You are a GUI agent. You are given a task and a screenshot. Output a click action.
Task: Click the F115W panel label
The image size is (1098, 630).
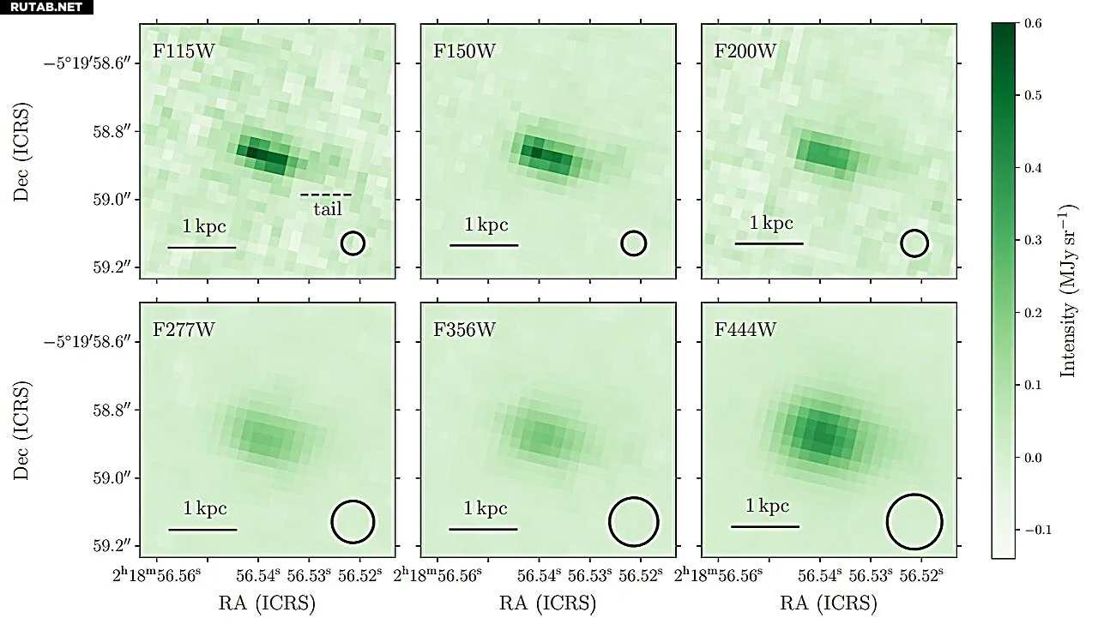pos(184,50)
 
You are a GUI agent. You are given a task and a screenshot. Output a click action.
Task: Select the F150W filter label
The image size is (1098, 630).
pos(464,50)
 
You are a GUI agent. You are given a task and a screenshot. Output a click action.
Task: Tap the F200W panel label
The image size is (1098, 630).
pos(745,50)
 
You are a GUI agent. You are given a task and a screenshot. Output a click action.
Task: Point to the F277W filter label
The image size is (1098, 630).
pos(184,330)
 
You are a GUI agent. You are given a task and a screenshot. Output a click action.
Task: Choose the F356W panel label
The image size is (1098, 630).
pos(464,330)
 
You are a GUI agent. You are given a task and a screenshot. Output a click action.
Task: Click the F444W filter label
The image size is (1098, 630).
pos(745,330)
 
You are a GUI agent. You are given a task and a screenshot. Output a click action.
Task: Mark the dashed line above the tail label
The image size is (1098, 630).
pos(326,195)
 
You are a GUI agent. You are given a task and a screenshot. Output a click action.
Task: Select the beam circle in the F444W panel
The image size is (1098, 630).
pos(914,521)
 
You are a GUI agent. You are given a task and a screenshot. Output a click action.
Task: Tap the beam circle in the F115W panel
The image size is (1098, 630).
pos(353,243)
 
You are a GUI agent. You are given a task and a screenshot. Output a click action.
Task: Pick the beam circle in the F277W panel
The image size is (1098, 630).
pos(353,522)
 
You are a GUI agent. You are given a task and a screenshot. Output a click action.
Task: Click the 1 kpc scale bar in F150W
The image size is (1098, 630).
pos(484,246)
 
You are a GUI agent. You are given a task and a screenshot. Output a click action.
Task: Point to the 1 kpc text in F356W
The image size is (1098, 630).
pos(486,508)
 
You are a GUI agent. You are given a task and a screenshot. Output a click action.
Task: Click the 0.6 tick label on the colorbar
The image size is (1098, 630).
pos(1033,24)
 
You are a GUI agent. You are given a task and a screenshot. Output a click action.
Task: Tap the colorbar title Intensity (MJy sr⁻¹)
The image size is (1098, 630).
pos(1069,290)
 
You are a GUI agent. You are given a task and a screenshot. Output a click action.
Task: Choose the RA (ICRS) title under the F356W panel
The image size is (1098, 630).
pos(547,603)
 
